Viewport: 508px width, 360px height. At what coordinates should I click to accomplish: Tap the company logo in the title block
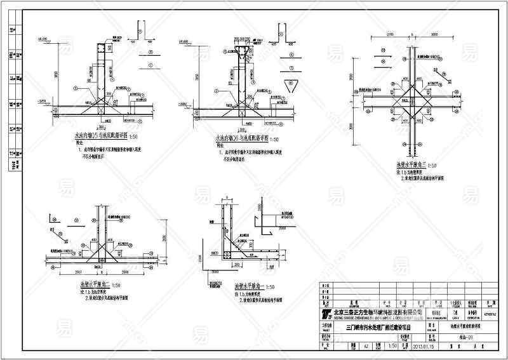[328, 314]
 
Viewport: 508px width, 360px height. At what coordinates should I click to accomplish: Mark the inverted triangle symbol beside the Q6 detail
[293, 86]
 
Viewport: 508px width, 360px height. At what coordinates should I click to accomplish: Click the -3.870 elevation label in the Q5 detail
[42, 101]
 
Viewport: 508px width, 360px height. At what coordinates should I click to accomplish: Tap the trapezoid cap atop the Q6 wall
[243, 51]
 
